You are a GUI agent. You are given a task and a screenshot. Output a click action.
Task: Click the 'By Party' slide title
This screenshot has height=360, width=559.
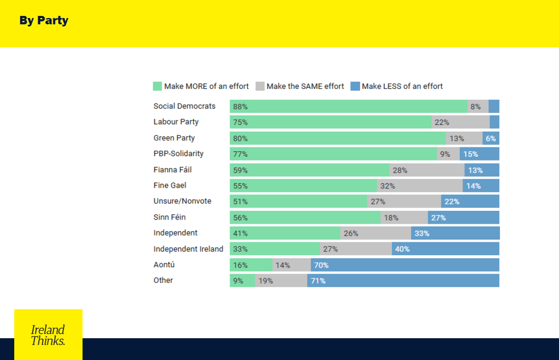44,21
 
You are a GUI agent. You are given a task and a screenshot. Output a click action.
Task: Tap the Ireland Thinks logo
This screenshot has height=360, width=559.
48,334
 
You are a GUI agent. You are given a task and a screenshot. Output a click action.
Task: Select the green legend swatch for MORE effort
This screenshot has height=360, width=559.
158,86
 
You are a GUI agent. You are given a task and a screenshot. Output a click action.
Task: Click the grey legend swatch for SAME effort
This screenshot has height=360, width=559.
260,86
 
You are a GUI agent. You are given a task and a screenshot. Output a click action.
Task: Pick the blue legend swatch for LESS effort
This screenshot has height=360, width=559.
355,86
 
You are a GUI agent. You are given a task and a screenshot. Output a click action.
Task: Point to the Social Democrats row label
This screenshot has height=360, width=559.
185,106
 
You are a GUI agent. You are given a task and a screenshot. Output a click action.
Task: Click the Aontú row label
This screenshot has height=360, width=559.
164,264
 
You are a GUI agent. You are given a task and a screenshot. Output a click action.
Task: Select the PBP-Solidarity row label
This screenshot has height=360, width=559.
179,154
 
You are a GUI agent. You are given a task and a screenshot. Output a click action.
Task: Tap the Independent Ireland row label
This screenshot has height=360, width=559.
188,249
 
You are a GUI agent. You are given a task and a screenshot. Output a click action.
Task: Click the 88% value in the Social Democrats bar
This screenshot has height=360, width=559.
240,107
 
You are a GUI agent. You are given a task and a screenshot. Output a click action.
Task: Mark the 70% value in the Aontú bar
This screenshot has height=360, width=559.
321,265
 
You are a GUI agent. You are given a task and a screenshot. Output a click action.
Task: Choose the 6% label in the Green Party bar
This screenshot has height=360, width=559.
491,138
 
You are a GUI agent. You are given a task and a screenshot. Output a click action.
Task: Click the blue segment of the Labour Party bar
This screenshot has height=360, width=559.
495,122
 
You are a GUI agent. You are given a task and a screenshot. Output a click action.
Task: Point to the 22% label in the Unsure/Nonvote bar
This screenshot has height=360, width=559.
451,202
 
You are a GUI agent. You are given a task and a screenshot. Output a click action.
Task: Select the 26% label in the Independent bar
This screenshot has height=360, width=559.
351,233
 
